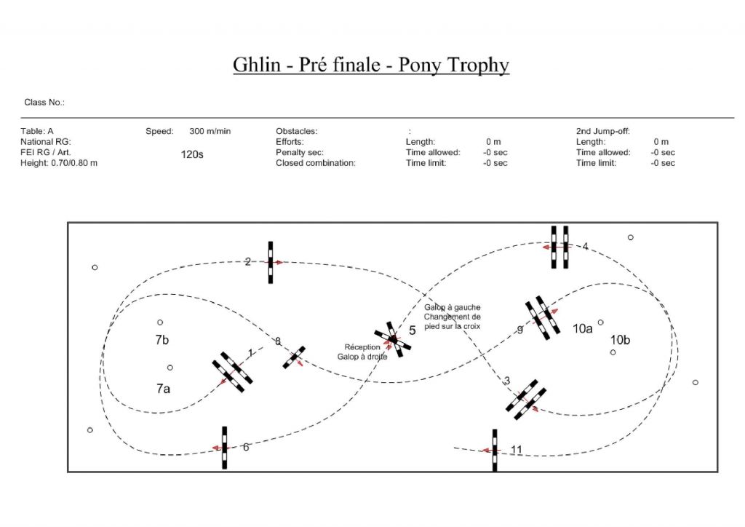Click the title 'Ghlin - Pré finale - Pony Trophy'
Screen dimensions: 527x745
pos(371,65)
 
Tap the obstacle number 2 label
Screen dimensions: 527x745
pos(247,261)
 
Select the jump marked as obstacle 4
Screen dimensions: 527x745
pos(559,247)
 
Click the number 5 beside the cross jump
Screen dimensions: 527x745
pos(412,330)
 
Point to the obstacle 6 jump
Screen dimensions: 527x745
pos(224,448)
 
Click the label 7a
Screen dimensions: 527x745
pos(163,389)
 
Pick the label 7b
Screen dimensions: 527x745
pos(162,340)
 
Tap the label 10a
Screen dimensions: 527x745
pos(583,328)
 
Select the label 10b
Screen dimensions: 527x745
pos(621,339)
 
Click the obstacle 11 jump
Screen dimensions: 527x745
pos(495,450)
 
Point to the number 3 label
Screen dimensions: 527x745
pos(507,381)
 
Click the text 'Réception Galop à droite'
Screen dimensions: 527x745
pos(362,352)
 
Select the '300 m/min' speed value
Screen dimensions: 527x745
pos(210,131)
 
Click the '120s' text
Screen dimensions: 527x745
pos(192,154)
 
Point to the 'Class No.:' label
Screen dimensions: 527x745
pos(44,103)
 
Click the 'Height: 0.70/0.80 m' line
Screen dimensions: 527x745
pos(59,163)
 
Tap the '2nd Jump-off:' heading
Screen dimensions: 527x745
pos(602,131)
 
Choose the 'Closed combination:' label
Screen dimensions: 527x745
pos(316,163)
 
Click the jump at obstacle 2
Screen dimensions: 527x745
pos(271,262)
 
